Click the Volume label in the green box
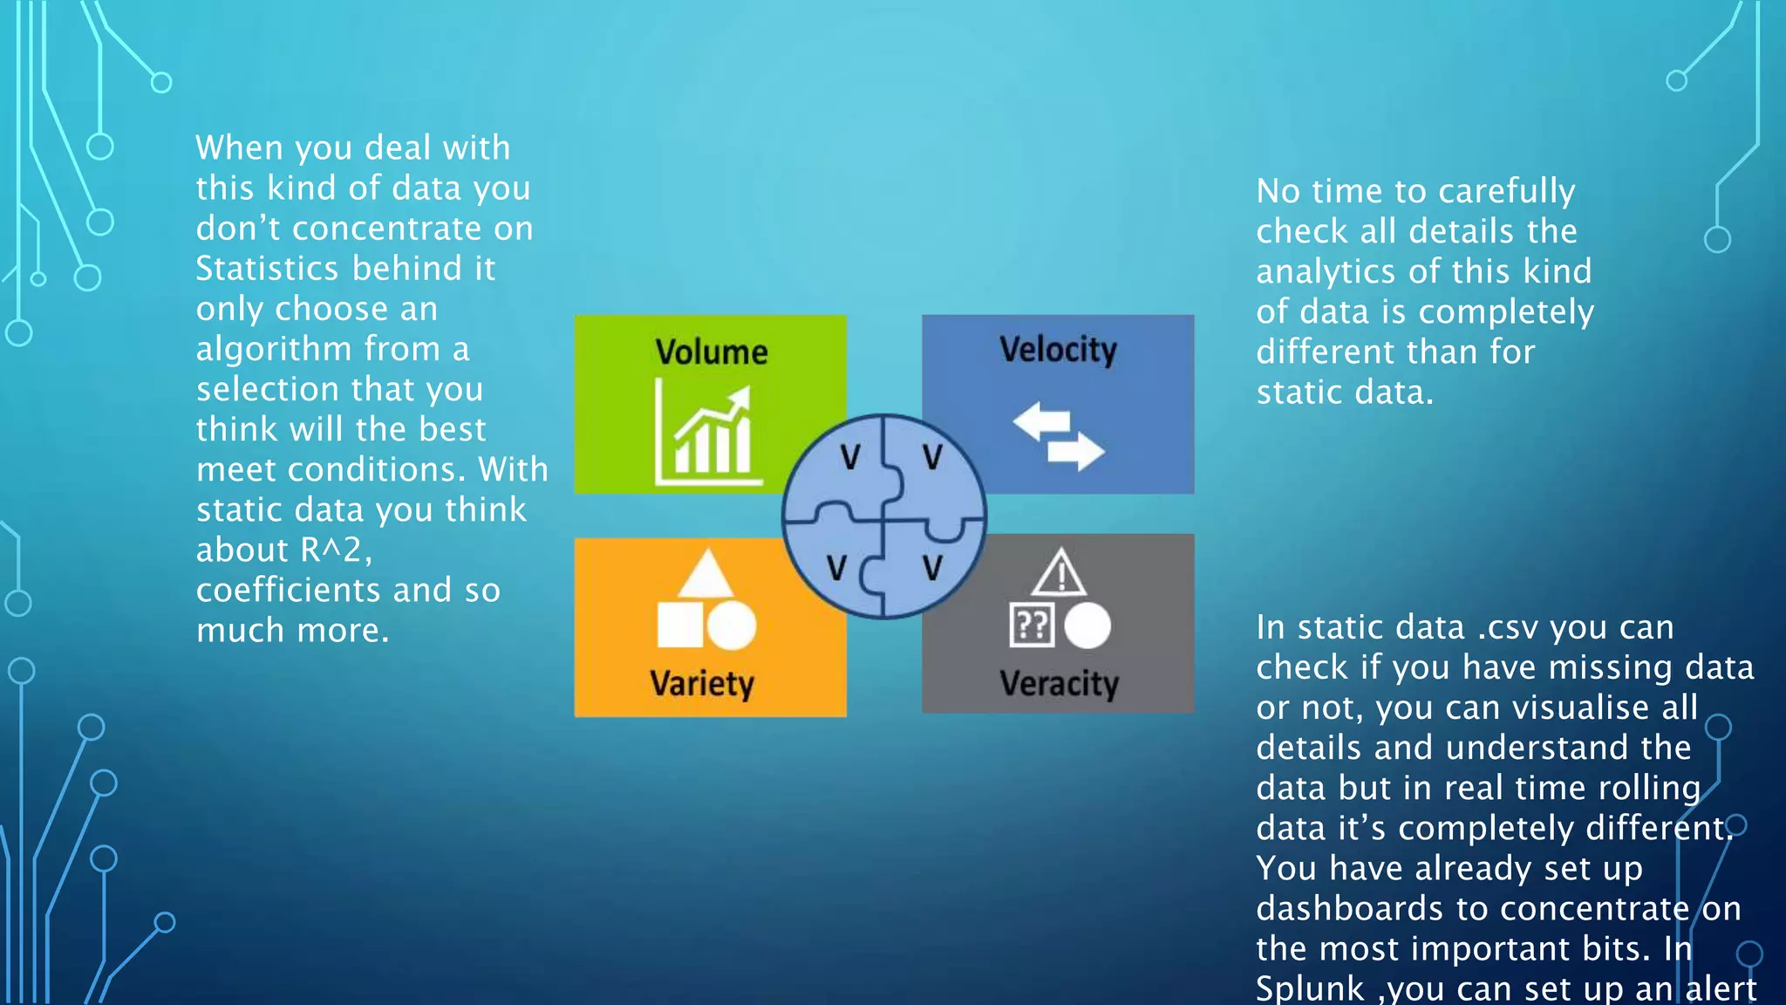pyautogui.click(x=712, y=352)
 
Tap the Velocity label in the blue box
pyautogui.click(x=1058, y=350)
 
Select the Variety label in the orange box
pyautogui.click(x=702, y=683)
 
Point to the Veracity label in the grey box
pyautogui.click(x=1059, y=683)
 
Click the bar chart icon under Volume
pyautogui.click(x=708, y=434)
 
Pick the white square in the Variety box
pyautogui.click(x=679, y=625)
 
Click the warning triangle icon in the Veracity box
pyautogui.click(x=1060, y=574)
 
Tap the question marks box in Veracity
pyautogui.click(x=1032, y=625)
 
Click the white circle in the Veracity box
pyautogui.click(x=1087, y=625)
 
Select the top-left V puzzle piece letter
pyautogui.click(x=850, y=457)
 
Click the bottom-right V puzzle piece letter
pyautogui.click(x=932, y=568)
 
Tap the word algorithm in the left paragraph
pyautogui.click(x=274, y=349)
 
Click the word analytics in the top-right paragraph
pyautogui.click(x=1326, y=271)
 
